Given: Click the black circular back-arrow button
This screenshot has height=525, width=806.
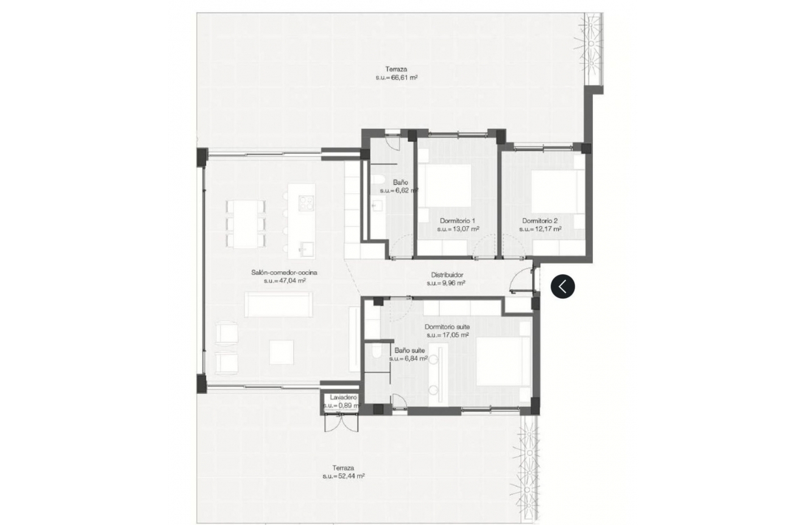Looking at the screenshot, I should pyautogui.click(x=563, y=287).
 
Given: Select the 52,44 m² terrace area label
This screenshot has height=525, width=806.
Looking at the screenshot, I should pyautogui.click(x=344, y=476).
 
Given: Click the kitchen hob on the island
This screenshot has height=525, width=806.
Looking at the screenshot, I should pyautogui.click(x=306, y=203).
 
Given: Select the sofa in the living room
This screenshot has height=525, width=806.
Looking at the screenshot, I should pyautogui.click(x=279, y=304).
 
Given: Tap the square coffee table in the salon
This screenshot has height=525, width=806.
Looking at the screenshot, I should pyautogui.click(x=282, y=351).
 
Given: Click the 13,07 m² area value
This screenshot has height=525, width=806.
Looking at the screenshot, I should pyautogui.click(x=458, y=229).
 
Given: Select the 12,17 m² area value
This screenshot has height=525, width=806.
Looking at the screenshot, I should pyautogui.click(x=540, y=229).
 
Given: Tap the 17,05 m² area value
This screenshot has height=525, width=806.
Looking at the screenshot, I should pyautogui.click(x=447, y=335).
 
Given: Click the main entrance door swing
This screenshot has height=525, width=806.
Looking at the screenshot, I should pyautogui.click(x=520, y=282).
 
